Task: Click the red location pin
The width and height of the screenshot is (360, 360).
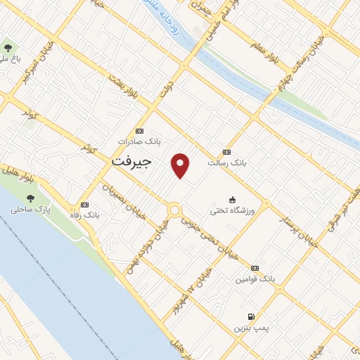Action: point(181,165)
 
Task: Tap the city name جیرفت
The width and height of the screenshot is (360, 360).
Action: point(131,161)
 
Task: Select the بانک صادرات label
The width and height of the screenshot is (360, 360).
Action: point(139,141)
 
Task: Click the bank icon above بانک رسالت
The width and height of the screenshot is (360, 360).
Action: point(226,152)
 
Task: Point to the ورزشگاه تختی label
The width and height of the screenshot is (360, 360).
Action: point(233,210)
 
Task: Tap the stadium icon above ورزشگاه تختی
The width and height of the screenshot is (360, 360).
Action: point(233,199)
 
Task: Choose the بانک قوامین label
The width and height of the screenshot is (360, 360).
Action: point(255,279)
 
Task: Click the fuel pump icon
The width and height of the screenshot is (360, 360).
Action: point(251,317)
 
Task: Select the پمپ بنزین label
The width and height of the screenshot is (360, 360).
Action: point(251,328)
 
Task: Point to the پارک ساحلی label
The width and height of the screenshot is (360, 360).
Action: point(32,210)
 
